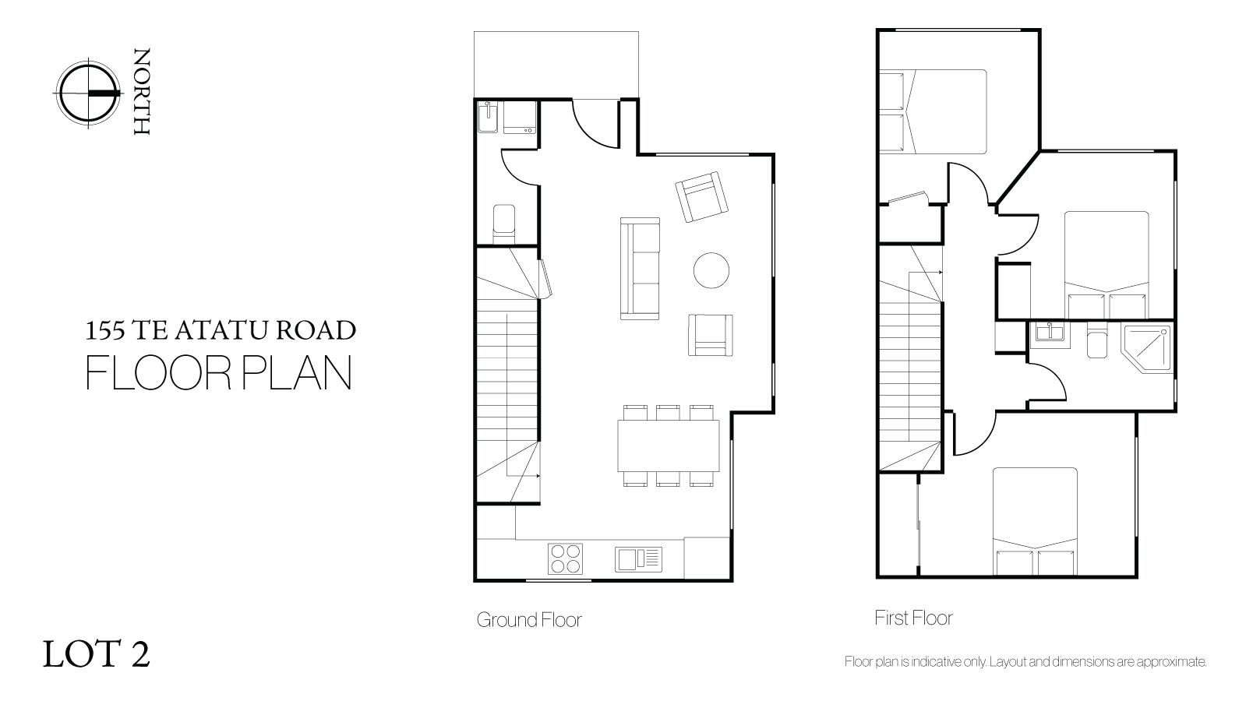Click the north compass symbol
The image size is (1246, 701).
click(88, 93)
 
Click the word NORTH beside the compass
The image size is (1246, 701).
click(142, 91)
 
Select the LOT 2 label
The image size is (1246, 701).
click(96, 653)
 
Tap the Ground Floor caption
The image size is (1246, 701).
click(529, 620)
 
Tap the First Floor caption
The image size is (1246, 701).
click(913, 618)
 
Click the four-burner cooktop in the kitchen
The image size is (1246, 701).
click(565, 558)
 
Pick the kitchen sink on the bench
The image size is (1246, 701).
click(638, 559)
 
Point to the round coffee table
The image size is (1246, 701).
click(711, 270)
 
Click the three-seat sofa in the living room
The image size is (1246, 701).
click(640, 269)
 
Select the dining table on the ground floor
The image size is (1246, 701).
click(668, 446)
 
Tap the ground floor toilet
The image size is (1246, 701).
click(504, 223)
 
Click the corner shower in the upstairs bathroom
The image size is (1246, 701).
click(1147, 350)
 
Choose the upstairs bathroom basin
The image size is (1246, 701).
click(1050, 333)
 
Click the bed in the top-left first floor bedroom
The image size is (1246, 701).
click(933, 111)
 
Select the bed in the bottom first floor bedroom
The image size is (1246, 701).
click(1035, 521)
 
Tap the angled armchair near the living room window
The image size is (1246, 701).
click(701, 197)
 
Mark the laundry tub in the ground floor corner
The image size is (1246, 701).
click(489, 117)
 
